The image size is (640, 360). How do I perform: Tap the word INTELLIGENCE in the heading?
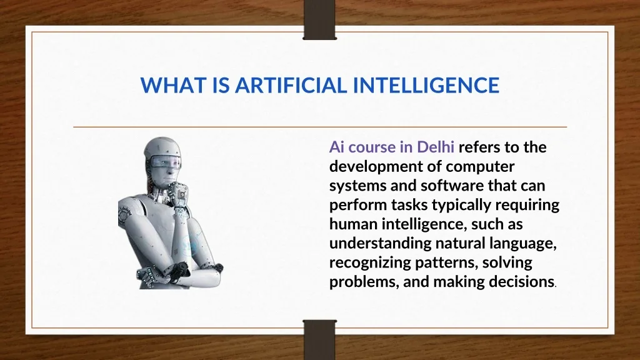tap(426, 85)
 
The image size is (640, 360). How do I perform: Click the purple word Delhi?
tap(435, 147)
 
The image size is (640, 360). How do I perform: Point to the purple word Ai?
tap(337, 147)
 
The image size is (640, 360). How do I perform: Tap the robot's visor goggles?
tap(165, 162)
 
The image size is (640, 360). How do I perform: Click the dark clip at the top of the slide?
tap(319, 19)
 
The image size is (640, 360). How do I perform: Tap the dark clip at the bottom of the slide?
tap(320, 339)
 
